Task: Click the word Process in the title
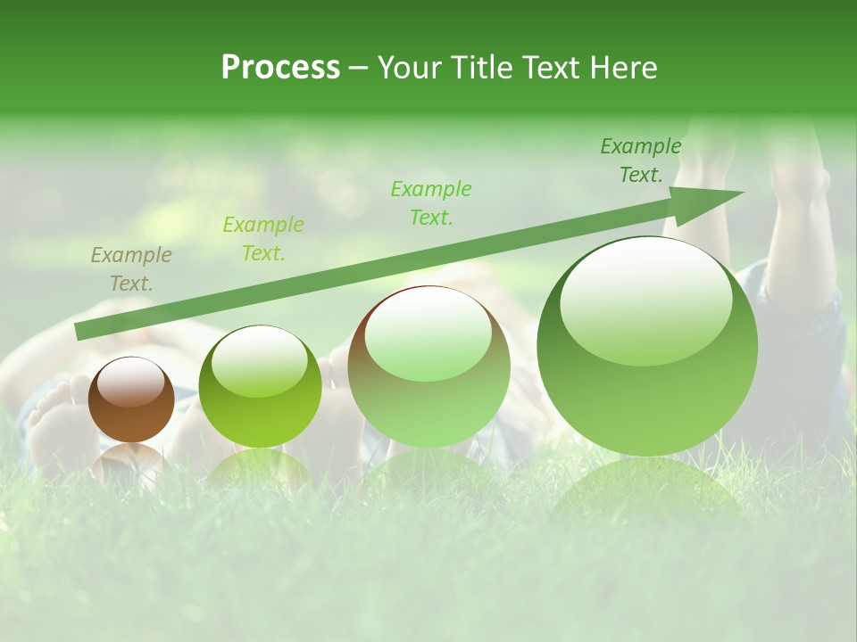[280, 68]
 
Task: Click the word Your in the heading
[410, 68]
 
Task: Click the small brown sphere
[131, 399]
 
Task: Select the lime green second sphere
[260, 387]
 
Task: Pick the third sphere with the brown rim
[428, 367]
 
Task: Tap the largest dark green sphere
[647, 346]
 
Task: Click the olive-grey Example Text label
[131, 269]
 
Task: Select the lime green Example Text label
[263, 239]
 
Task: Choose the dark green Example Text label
[641, 160]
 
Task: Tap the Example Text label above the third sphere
[431, 203]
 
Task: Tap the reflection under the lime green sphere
[260, 468]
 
